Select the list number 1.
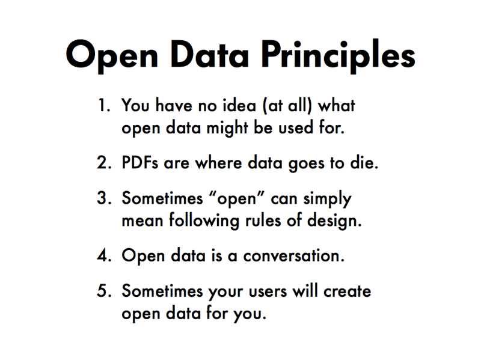tap(104, 105)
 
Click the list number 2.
tap(104, 162)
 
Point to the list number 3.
tap(104, 198)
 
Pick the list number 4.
tap(104, 256)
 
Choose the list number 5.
tap(104, 291)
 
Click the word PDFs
tap(140, 162)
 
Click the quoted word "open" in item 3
tap(236, 199)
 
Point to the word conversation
tap(293, 256)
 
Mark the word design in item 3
tap(334, 221)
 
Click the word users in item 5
tap(268, 291)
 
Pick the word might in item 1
tap(227, 128)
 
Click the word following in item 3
tap(204, 221)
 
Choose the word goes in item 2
tap(306, 164)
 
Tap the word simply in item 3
tap(327, 199)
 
